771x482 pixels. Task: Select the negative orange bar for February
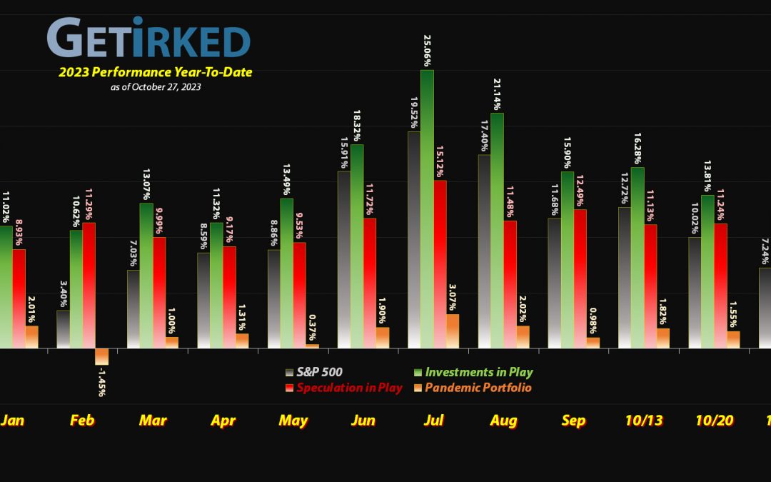pos(101,356)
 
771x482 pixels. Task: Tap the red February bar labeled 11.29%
pos(89,285)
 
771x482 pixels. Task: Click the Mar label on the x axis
pos(153,421)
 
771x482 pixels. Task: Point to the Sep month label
pos(573,421)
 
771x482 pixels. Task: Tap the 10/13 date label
pos(643,421)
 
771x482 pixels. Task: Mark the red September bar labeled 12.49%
pos(580,278)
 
